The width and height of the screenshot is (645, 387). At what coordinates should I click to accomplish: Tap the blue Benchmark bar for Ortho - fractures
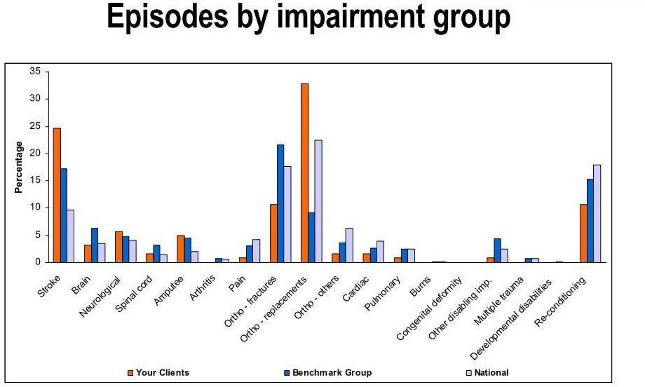tap(280, 203)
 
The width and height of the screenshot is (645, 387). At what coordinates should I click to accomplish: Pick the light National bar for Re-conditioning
tap(597, 213)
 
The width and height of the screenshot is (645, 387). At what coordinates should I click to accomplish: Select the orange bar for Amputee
tap(180, 249)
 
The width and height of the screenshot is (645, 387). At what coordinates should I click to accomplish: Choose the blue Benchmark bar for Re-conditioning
tap(590, 220)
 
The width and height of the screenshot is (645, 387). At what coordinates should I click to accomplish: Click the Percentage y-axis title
tap(19, 167)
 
